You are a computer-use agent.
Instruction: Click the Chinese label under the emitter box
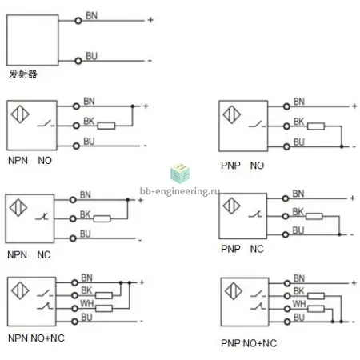[23, 74]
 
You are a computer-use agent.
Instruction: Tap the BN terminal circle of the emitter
[78, 21]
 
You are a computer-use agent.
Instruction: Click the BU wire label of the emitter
[91, 56]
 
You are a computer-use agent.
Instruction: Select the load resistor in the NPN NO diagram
[106, 126]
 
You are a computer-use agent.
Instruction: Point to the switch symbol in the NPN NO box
[46, 124]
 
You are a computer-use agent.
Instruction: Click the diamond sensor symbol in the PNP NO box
[232, 114]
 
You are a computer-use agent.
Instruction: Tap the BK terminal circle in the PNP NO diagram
[286, 126]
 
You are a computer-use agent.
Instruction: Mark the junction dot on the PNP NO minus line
[342, 146]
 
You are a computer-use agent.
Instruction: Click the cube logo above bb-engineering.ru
[180, 174]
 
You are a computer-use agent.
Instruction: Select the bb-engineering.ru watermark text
[180, 191]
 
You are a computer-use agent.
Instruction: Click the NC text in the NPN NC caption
[44, 254]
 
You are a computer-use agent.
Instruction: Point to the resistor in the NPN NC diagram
[102, 218]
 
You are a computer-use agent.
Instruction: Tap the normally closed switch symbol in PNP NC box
[255, 214]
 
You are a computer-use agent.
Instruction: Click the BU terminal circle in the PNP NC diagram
[286, 234]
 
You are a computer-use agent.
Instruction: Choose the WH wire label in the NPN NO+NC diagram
[87, 303]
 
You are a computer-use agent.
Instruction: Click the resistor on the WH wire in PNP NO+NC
[316, 309]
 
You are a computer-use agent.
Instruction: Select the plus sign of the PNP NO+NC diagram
[354, 283]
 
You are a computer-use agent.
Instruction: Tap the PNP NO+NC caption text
[249, 343]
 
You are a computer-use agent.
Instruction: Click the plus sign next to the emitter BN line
[150, 20]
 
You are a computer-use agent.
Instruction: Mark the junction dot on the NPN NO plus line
[133, 106]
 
